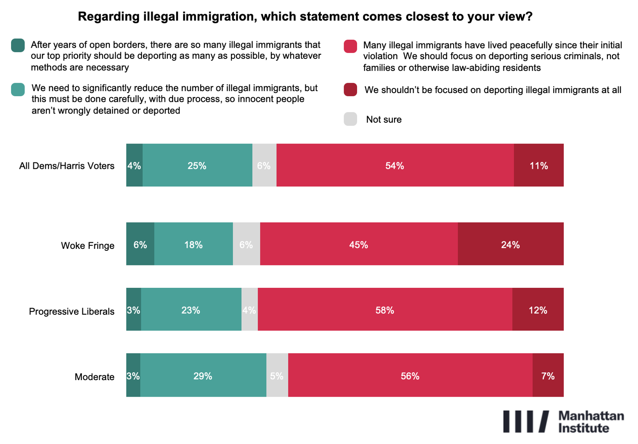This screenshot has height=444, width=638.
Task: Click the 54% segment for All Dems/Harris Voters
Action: pos(395,165)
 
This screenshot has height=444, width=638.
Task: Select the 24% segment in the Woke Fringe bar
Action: pos(510,244)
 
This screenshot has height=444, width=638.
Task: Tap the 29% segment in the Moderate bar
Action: pos(203,375)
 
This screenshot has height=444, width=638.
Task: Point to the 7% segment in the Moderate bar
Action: pos(548,375)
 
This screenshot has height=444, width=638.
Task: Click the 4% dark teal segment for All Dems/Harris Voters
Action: pos(134,165)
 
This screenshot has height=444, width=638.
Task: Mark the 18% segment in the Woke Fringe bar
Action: pos(193,244)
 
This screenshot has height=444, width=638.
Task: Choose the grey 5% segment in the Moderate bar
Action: pos(277,375)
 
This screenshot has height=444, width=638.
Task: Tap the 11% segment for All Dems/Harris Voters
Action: pos(538,165)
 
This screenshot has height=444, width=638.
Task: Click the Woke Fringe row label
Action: pos(87,246)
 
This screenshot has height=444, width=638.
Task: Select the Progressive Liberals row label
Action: pos(72,312)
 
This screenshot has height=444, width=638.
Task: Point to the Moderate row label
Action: pos(95,377)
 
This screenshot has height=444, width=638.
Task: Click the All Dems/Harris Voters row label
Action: pos(67,166)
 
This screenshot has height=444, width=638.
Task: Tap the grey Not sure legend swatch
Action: pos(350,119)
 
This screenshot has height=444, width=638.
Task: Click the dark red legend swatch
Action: pos(350,90)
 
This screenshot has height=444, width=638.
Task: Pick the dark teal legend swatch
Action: pos(18,45)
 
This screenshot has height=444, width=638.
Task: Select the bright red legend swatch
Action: pos(350,46)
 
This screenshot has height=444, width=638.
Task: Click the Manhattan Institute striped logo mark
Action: pos(526,422)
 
